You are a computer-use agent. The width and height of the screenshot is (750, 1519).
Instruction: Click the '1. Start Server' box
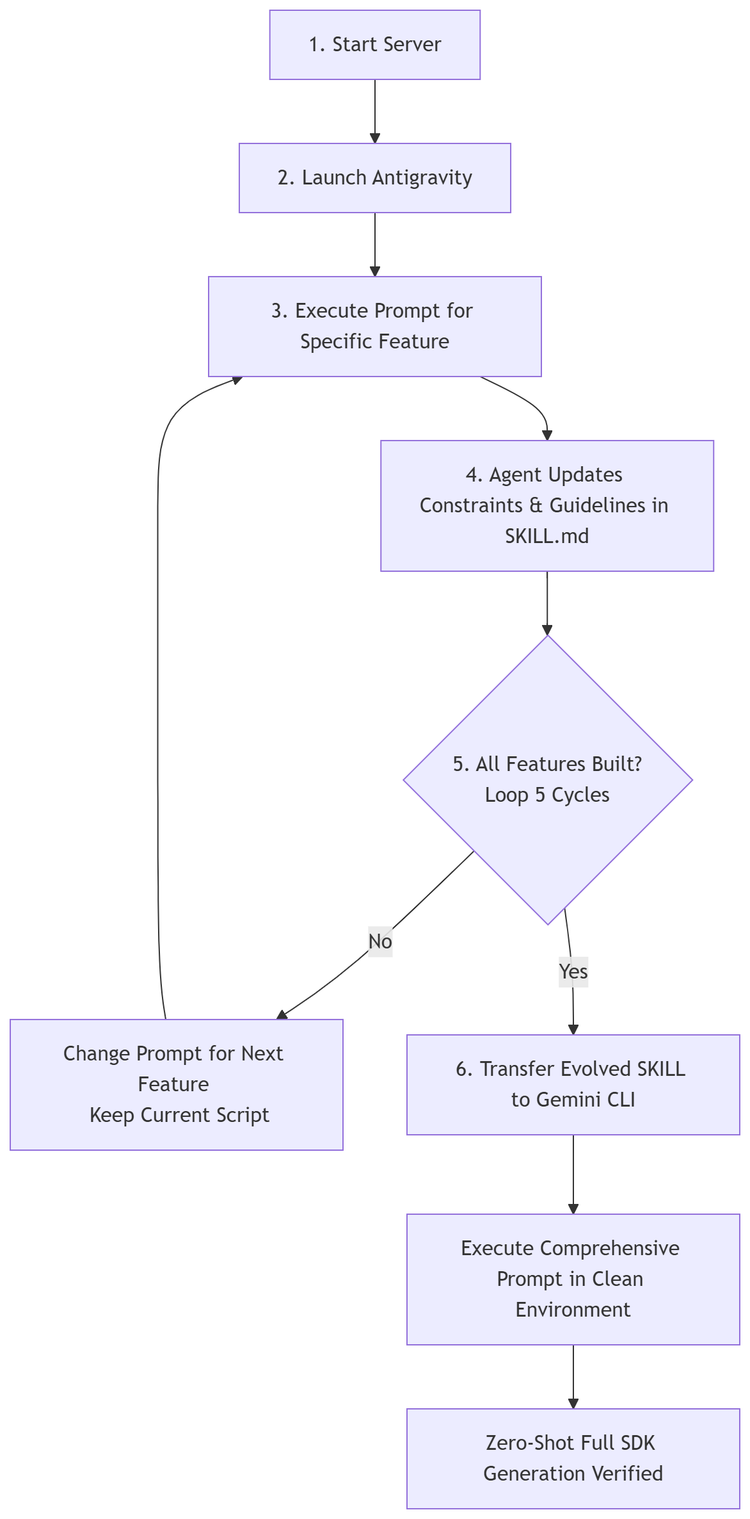click(x=374, y=45)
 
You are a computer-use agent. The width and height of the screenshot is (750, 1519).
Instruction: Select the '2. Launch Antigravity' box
click(x=374, y=178)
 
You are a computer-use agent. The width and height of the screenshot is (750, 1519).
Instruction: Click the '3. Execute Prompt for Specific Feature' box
click(x=374, y=326)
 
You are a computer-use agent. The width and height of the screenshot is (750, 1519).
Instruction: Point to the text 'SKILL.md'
click(x=547, y=536)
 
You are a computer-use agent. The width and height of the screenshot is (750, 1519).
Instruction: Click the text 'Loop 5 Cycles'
click(x=547, y=795)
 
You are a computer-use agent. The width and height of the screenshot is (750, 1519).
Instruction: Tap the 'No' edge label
click(x=380, y=941)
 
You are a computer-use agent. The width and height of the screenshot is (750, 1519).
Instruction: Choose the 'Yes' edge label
click(x=573, y=971)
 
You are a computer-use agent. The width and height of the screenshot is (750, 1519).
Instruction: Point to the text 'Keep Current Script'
click(x=179, y=1115)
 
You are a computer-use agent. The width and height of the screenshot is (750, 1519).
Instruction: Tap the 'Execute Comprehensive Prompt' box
click(x=573, y=1279)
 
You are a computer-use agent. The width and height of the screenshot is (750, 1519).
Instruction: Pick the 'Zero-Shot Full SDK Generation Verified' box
click(x=573, y=1458)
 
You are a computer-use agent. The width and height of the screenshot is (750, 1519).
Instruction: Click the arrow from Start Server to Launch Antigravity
click(x=375, y=109)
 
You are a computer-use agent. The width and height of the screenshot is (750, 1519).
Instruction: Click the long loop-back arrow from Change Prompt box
click(x=158, y=704)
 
